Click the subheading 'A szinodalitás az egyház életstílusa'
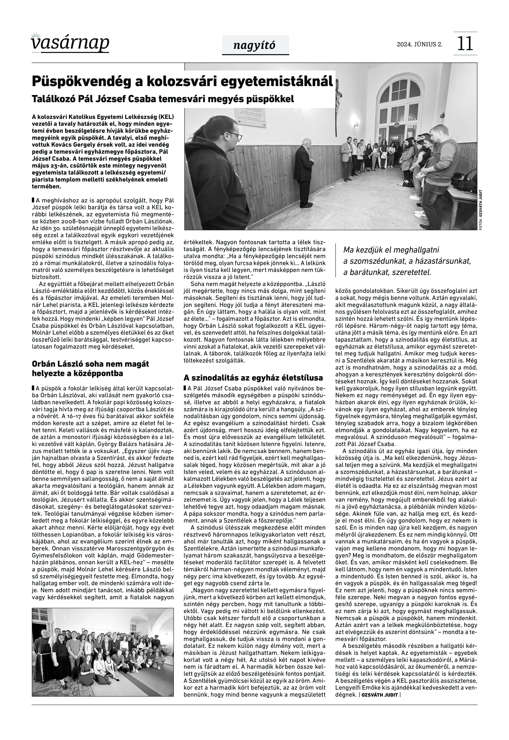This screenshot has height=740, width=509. pyautogui.click(x=253, y=378)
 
